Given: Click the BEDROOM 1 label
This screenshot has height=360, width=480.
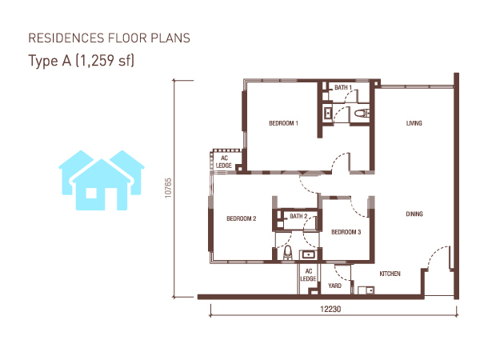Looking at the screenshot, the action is click(x=283, y=123).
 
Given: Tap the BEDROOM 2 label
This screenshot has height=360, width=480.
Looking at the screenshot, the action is click(x=242, y=218).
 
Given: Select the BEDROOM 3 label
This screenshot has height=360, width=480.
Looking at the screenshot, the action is click(x=346, y=232).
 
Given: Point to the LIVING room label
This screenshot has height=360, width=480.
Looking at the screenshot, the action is click(x=414, y=123).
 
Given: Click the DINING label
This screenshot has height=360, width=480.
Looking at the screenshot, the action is click(x=414, y=214).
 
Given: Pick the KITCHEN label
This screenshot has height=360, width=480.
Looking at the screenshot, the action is click(x=390, y=274).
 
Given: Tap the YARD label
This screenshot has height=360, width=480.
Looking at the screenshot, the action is click(x=335, y=286).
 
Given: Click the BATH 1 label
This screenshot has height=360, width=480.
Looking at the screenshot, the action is click(x=343, y=87).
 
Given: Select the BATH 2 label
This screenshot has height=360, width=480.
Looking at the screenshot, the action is click(x=298, y=216).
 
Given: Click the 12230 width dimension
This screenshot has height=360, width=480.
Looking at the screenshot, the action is click(x=330, y=309).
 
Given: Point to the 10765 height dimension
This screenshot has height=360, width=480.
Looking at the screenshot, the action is click(x=168, y=188).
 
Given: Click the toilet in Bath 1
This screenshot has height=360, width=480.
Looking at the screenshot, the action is click(x=362, y=114).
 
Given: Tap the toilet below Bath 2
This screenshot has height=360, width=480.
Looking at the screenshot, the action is click(x=288, y=253).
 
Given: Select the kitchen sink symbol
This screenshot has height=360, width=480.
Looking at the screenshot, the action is click(x=366, y=290).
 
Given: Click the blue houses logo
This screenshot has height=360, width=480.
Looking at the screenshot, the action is click(x=102, y=180).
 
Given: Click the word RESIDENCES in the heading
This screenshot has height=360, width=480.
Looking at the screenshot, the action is click(x=66, y=38).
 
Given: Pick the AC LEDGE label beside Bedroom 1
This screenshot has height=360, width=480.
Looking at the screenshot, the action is click(x=224, y=162).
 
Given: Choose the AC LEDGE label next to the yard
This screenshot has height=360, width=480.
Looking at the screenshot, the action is click(x=308, y=275).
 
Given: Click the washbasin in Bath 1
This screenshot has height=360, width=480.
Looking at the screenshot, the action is click(x=328, y=114).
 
